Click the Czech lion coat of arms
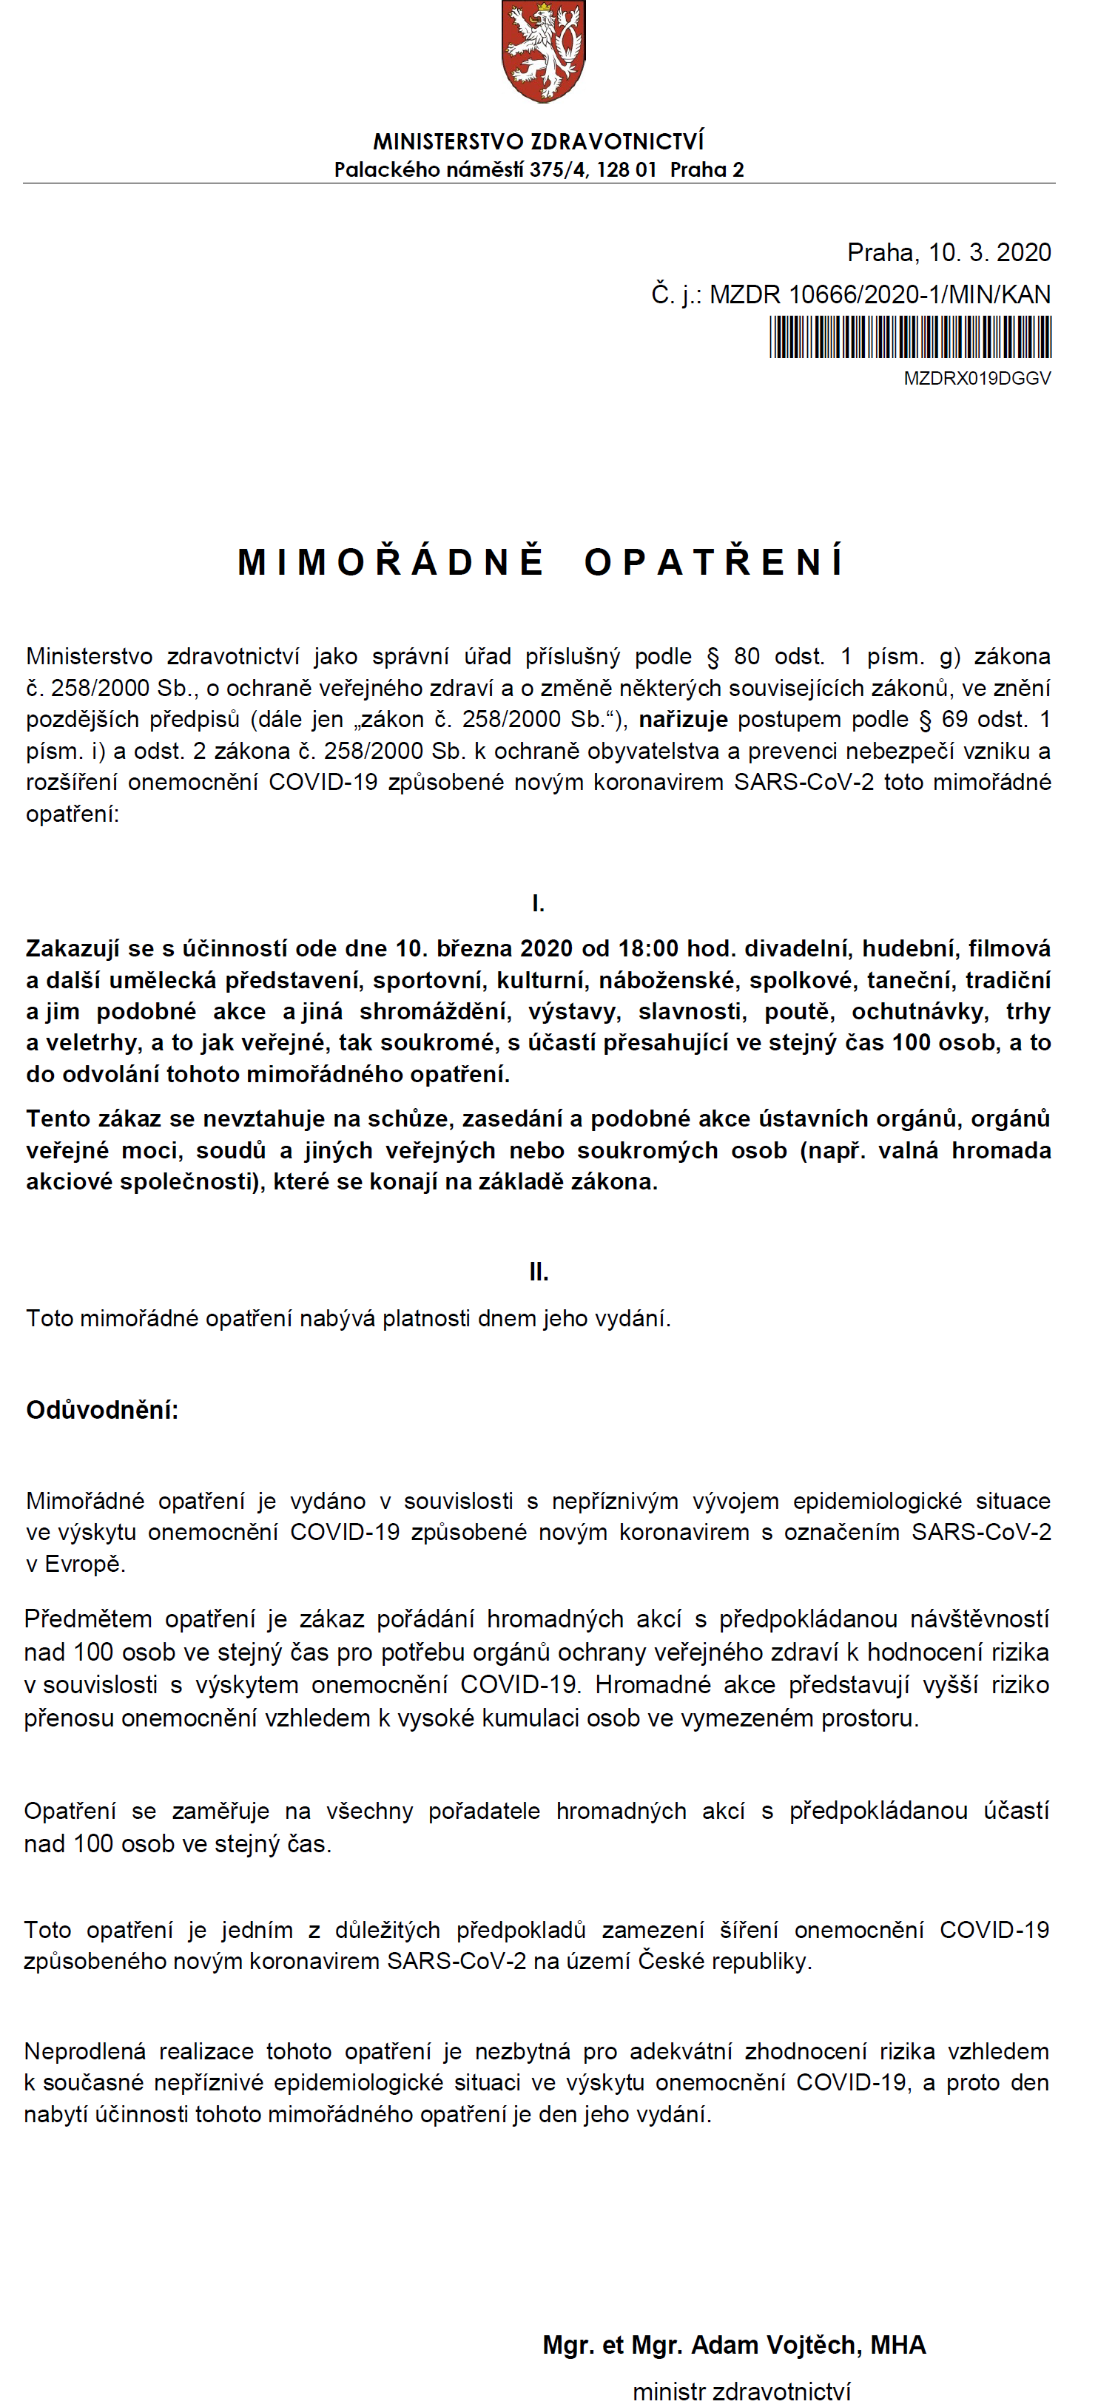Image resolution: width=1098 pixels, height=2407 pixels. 543,51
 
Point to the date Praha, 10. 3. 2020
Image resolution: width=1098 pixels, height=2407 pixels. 949,252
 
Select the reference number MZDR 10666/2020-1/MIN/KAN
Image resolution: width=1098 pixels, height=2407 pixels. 879,294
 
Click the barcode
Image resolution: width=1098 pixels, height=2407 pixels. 910,337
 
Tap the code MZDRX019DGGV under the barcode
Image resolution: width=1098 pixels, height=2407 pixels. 977,379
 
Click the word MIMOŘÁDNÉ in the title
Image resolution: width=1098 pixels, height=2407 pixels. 391,561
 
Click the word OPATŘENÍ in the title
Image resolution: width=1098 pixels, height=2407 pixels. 715,561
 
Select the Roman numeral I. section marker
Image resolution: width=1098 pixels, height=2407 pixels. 538,904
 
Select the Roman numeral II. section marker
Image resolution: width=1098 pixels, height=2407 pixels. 538,1272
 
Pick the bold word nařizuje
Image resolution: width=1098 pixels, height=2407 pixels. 682,720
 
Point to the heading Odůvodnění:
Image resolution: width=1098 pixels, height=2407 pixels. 102,1410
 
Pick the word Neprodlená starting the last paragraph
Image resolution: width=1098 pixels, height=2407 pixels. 85,2051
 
